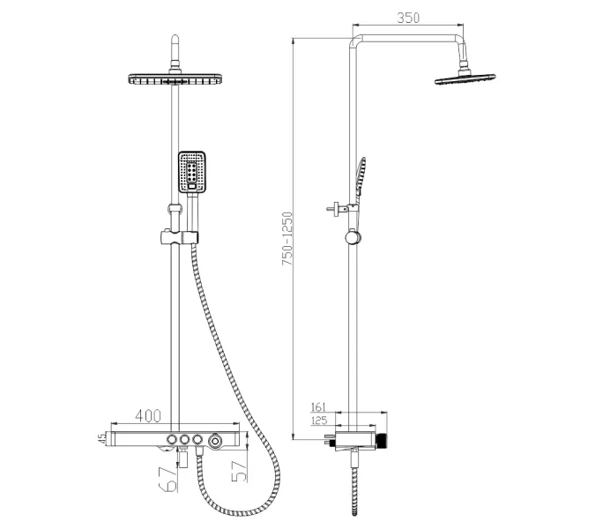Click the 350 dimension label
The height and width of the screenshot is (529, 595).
408,18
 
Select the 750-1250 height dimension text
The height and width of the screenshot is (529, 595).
287,239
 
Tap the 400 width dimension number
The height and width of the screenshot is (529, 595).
148,416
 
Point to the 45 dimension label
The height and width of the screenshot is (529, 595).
102,439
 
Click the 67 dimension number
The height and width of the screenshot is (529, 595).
168,480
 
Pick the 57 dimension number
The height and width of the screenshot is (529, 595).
240,472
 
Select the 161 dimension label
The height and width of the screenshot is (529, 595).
318,407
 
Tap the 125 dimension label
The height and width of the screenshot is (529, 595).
319,421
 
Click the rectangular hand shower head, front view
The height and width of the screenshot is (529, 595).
192,172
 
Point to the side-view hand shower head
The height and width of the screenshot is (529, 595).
361,175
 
